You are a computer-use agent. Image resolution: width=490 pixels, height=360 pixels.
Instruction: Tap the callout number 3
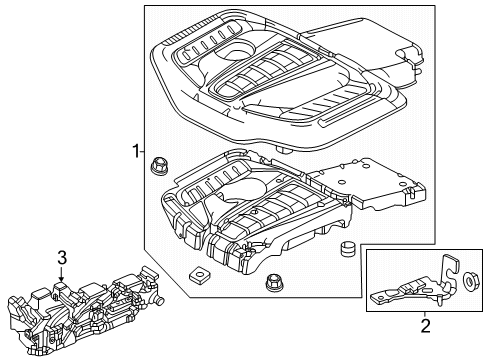(61, 258)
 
